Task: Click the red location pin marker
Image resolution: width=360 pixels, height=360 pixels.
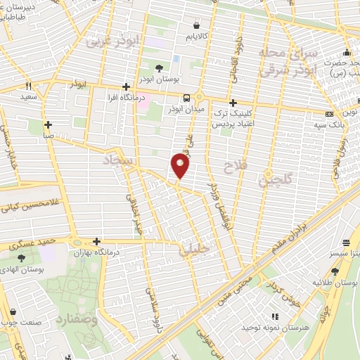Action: point(180,166)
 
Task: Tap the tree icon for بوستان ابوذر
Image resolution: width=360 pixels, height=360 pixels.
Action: point(160,68)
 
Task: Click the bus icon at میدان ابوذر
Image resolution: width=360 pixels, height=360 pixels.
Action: point(187,98)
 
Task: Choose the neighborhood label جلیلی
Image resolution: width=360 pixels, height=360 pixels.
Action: point(190,247)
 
